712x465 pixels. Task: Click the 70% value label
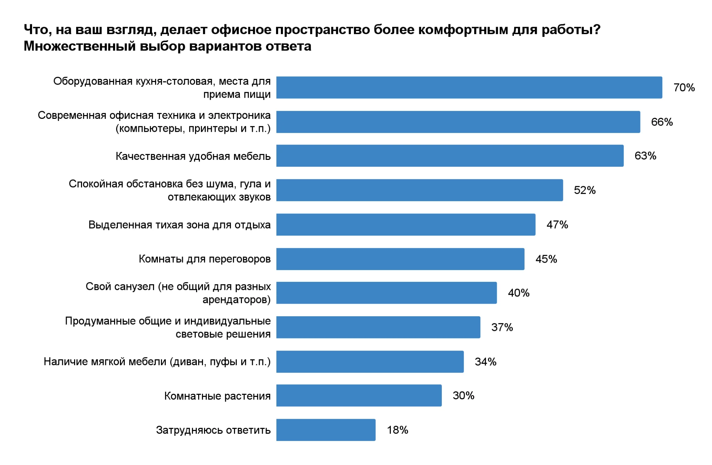(683, 88)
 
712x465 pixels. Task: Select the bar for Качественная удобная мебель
(450, 156)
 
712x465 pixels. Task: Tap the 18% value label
(397, 430)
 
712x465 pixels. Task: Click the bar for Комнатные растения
(359, 395)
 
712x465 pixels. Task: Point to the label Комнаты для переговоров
(204, 259)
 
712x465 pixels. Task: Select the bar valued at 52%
(419, 190)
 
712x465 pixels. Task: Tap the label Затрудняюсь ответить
(213, 430)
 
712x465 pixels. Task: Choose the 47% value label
(557, 225)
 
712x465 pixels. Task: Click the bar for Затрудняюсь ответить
(326, 430)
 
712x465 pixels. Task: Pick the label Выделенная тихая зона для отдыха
(179, 225)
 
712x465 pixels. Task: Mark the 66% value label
(662, 122)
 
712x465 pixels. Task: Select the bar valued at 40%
(386, 293)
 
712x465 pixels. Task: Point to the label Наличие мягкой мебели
(157, 362)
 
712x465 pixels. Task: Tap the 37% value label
(502, 327)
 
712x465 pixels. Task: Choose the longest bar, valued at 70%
(469, 88)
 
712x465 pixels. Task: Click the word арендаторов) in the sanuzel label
(236, 300)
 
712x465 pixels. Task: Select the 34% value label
(485, 362)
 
